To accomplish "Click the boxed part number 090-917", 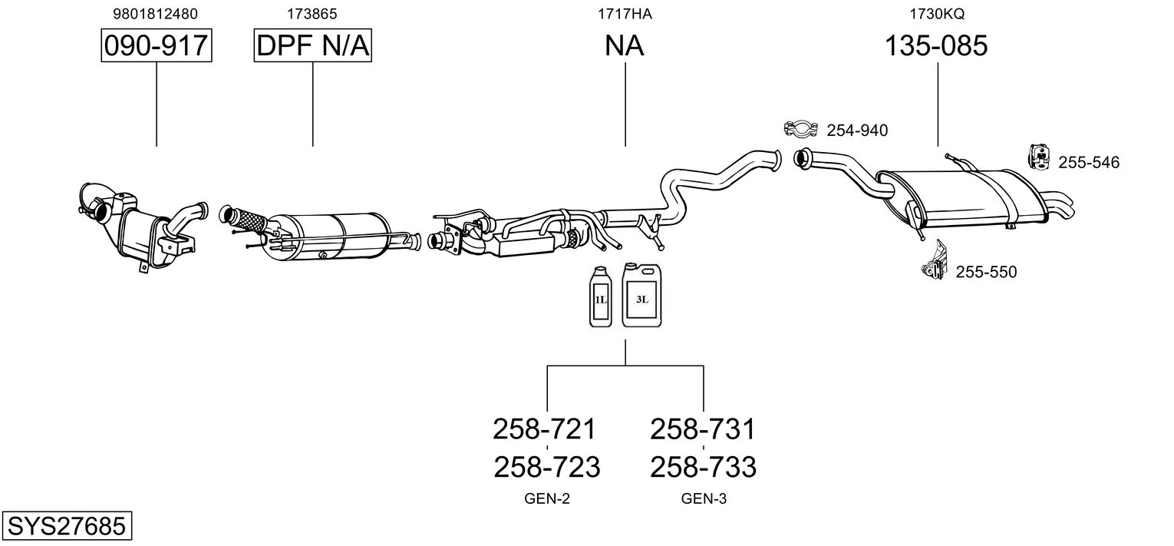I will pyautogui.click(x=157, y=46).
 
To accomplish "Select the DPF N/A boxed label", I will pyautogui.click(x=313, y=46).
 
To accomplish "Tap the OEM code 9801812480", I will pyautogui.click(x=157, y=14).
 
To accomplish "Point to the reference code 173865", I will pyautogui.click(x=312, y=14).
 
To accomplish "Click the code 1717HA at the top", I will pyautogui.click(x=625, y=14).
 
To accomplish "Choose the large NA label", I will pyautogui.click(x=625, y=46).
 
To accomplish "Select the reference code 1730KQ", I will pyautogui.click(x=937, y=14).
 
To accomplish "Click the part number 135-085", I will pyautogui.click(x=937, y=46).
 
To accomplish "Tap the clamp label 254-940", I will pyautogui.click(x=857, y=131).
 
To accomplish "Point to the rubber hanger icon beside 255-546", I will pyautogui.click(x=1038, y=157).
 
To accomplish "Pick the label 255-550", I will pyautogui.click(x=986, y=272).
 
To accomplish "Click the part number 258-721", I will pyautogui.click(x=545, y=429).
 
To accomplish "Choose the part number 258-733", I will pyautogui.click(x=704, y=467).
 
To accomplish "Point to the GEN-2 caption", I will pyautogui.click(x=547, y=499).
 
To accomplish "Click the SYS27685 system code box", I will pyautogui.click(x=66, y=527).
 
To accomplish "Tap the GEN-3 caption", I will pyautogui.click(x=704, y=499).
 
